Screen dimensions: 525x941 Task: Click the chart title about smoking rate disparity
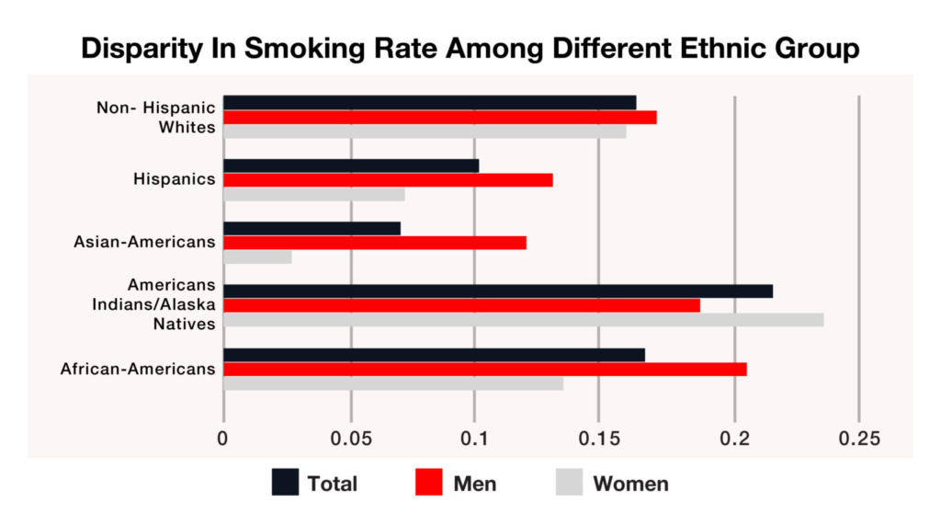[x=470, y=49]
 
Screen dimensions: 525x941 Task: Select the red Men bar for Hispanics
[x=388, y=180]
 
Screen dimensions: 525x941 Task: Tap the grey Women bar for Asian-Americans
[x=257, y=257]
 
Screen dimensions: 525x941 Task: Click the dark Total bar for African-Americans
[x=434, y=355]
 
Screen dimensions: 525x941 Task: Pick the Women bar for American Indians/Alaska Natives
[x=523, y=320]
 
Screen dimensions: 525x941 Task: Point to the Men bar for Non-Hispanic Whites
[x=439, y=117]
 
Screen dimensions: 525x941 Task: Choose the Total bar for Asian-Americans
[x=312, y=228]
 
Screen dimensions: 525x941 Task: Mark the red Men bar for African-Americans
[x=484, y=369]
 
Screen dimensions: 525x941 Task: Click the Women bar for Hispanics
[x=313, y=195]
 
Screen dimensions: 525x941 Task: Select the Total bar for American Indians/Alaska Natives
[x=497, y=291]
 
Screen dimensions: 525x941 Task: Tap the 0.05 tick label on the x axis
[x=350, y=439]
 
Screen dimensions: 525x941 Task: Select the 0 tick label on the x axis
[x=223, y=439]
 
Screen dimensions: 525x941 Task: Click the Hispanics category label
[x=175, y=179]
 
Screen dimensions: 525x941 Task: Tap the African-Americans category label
[x=138, y=370]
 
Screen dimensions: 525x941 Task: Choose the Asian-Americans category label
[x=144, y=243]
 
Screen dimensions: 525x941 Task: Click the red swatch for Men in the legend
[x=429, y=483]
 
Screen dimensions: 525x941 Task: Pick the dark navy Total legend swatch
[x=285, y=483]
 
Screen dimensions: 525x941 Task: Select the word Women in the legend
[x=630, y=484]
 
